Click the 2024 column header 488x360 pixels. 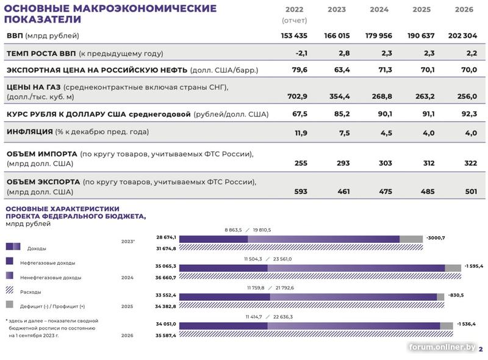(x=379, y=10)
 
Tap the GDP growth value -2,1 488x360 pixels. (x=300, y=54)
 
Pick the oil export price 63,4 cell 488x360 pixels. (x=342, y=70)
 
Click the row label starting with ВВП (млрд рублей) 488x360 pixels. (x=43, y=36)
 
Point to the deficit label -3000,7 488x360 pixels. (x=436, y=238)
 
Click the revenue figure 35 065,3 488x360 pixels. (x=165, y=267)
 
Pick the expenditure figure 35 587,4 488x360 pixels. (x=165, y=336)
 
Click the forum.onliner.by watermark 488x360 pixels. (x=442, y=347)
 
